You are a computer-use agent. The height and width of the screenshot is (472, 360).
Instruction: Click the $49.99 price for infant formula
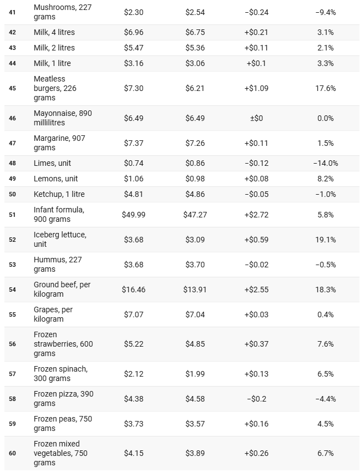coord(133,215)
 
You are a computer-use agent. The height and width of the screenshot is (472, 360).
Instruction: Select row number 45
coord(12,88)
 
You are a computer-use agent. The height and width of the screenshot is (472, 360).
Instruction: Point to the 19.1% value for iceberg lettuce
coord(325,240)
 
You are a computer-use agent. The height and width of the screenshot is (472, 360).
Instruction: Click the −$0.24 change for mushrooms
coord(256,12)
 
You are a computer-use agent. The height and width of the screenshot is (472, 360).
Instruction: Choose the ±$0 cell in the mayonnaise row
coord(256,118)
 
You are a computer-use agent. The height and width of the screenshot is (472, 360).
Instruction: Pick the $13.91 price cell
coord(195,290)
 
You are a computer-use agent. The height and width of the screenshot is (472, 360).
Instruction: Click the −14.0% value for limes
coord(325,164)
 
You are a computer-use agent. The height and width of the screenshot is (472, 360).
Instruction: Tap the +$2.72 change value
coord(256,215)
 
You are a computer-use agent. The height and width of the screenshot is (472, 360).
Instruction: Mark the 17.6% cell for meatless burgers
coord(325,88)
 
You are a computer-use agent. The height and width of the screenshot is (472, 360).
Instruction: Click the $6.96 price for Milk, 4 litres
coord(133,32)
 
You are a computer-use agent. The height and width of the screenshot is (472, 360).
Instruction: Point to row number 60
coord(12,453)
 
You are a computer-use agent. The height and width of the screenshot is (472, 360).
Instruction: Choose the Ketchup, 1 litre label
coord(59,194)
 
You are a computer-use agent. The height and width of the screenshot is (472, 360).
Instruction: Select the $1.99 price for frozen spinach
coord(195,374)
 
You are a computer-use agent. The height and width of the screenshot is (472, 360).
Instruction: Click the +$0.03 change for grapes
coord(256,314)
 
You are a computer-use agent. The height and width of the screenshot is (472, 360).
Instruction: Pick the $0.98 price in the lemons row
coord(195,179)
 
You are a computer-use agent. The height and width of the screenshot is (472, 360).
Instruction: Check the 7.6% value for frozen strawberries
coord(325,344)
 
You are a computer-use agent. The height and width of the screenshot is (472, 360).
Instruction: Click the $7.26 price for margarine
coord(195,143)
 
